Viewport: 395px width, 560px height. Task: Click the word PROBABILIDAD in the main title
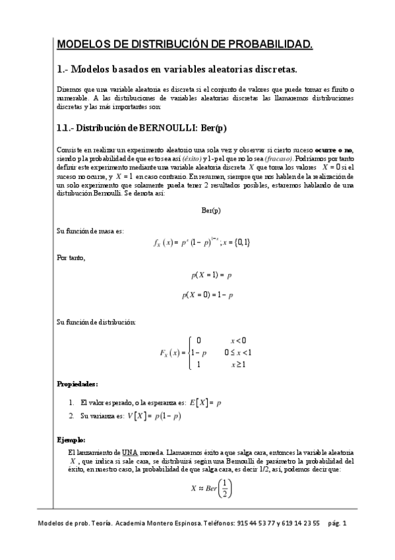point(270,45)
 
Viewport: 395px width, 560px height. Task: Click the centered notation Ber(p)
point(210,210)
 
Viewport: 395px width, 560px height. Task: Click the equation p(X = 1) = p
point(210,273)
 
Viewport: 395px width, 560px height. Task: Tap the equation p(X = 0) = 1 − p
point(208,296)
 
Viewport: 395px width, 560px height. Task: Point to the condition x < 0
point(237,340)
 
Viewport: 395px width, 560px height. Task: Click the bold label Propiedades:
point(78,383)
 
